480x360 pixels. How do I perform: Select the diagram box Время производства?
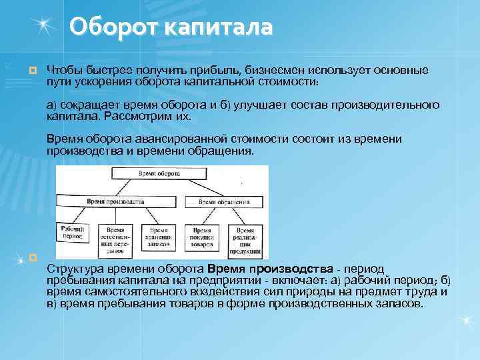119,201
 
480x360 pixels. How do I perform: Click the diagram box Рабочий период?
71,235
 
